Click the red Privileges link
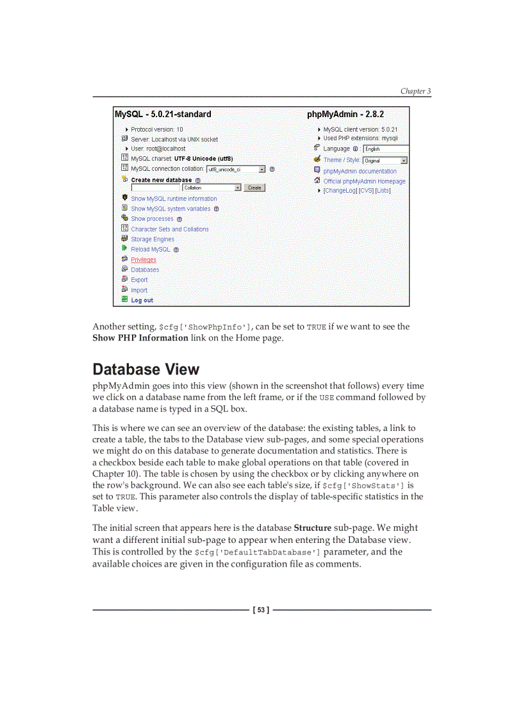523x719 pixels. (144, 260)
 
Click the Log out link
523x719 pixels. (142, 300)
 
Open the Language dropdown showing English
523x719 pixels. (385, 149)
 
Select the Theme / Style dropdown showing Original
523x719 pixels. (385, 161)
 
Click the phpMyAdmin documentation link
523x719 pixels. (360, 172)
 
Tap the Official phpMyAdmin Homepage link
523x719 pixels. (364, 181)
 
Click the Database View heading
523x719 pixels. (146, 369)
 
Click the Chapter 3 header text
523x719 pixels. (415, 91)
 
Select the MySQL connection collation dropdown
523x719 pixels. (235, 170)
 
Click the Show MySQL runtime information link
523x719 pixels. (174, 199)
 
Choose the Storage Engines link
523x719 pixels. (153, 239)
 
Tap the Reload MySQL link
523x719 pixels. (151, 250)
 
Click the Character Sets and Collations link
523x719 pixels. (170, 229)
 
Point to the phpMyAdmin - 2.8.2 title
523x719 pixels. (345, 115)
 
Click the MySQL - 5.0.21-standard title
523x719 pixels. (163, 115)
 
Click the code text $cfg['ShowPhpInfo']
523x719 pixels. (205, 327)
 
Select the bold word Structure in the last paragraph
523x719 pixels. (312, 528)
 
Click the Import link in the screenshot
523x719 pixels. (139, 290)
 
